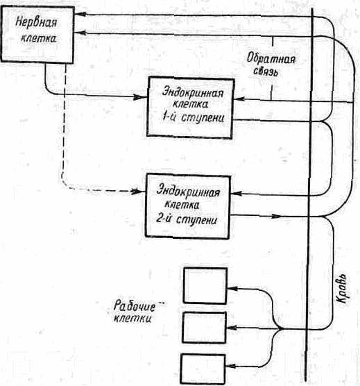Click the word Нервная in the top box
pos(36,22)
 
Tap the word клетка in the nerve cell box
pos(38,38)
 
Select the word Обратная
pos(271,59)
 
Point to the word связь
pos(266,72)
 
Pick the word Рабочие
pos(135,306)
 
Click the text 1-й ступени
pos(193,117)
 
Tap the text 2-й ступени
pos(187,219)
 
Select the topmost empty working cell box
pos(205,286)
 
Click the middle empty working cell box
pos(204,328)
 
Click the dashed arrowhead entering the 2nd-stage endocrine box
pos(137,191)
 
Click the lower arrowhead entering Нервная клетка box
pos(80,33)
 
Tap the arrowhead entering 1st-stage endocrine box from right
pos(239,99)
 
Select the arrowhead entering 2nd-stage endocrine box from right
pos(237,193)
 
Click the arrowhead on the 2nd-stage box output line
pos(276,217)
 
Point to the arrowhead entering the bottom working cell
pos(232,367)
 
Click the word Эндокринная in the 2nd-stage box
pos(189,191)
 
